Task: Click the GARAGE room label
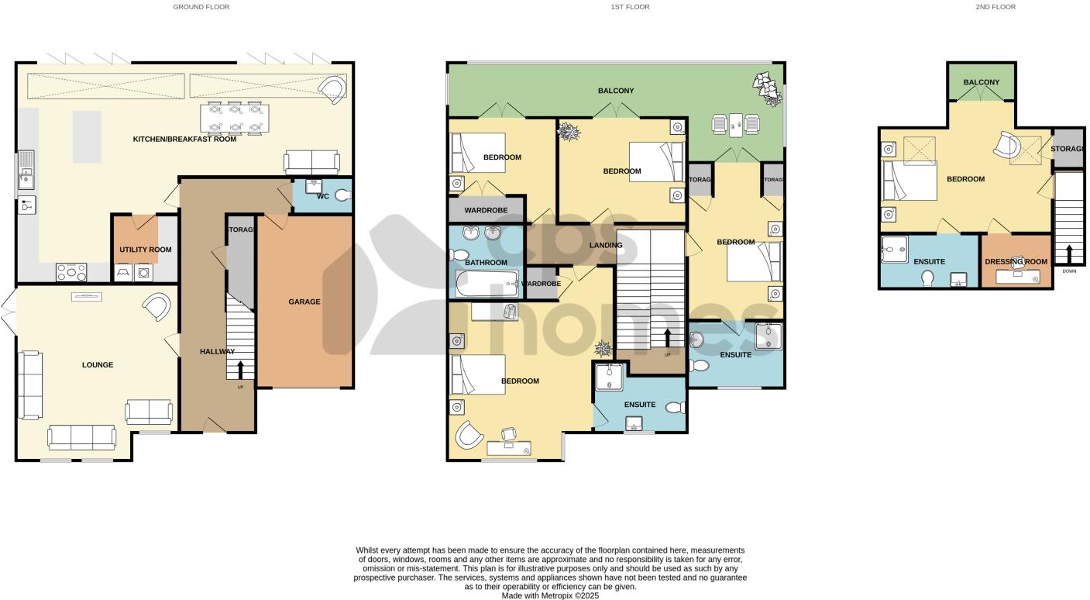click(304, 302)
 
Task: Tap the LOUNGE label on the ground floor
click(98, 365)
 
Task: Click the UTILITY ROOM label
click(145, 250)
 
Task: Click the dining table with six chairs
click(235, 119)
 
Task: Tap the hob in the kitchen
click(71, 272)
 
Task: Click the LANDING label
click(606, 246)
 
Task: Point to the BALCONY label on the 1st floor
click(616, 91)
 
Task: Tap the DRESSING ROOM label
click(1016, 262)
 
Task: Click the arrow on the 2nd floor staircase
click(1069, 254)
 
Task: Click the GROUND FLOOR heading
click(201, 7)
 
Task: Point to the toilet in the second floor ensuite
click(928, 278)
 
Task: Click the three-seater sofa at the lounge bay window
click(81, 438)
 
